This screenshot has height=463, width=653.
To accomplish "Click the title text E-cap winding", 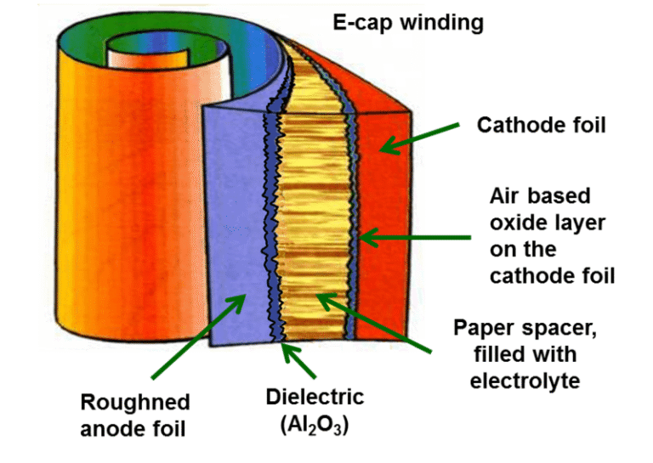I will click(x=408, y=22).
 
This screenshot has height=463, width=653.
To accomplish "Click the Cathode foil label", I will click(x=541, y=126).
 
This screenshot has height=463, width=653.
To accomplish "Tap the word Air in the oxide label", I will click(x=505, y=196).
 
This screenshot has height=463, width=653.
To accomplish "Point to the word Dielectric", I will click(x=315, y=397).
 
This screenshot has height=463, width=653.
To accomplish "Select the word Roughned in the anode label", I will click(x=135, y=402).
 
